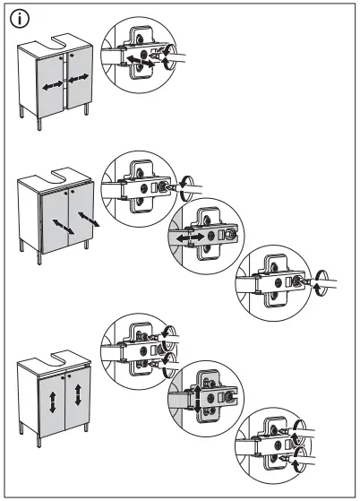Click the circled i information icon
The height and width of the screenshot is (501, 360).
[17, 19]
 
